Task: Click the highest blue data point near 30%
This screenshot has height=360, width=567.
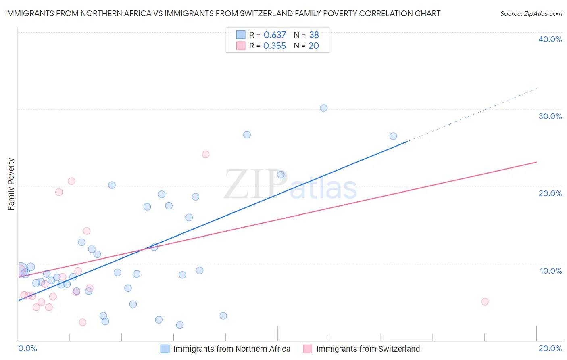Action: tap(323, 108)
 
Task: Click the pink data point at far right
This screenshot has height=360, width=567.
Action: tap(485, 301)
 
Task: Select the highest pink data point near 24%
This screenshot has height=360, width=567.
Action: tap(205, 154)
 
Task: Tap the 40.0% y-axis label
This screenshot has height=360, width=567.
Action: tap(550, 39)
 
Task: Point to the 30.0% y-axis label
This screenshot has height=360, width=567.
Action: tap(550, 116)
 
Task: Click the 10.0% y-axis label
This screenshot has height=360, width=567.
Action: tap(551, 271)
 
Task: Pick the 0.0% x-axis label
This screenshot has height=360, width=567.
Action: tap(27, 348)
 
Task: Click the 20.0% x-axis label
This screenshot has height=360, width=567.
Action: tap(550, 348)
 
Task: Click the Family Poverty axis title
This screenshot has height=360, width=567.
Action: tap(11, 184)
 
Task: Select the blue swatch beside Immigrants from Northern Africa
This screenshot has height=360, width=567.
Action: tap(165, 349)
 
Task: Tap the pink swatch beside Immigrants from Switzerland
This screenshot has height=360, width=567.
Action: tap(308, 349)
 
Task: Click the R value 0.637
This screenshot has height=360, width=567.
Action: tap(275, 35)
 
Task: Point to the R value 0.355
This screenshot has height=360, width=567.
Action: tap(275, 46)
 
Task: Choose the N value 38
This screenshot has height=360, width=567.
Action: tap(314, 35)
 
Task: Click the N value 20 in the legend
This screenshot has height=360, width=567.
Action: tap(313, 46)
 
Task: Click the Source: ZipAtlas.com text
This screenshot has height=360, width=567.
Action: tap(531, 14)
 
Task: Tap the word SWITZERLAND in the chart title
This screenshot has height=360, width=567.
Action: tap(258, 13)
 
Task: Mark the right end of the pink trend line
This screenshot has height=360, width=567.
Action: tap(536, 162)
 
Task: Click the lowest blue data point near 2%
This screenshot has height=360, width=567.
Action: tap(180, 325)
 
